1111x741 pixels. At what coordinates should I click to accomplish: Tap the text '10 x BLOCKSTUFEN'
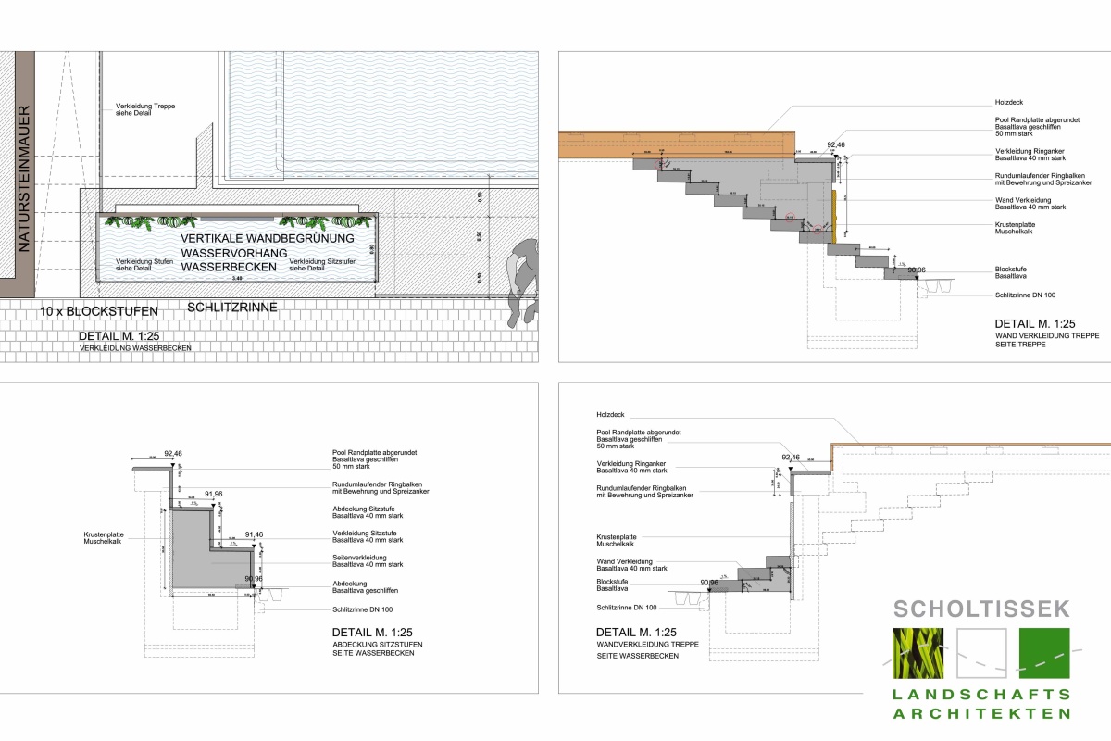click(99, 310)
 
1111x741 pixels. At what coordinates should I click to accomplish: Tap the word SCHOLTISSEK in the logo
click(981, 609)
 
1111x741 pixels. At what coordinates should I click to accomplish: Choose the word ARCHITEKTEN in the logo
click(981, 713)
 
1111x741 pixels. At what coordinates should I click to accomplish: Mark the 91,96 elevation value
click(214, 495)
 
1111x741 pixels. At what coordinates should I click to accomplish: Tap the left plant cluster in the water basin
click(152, 221)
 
